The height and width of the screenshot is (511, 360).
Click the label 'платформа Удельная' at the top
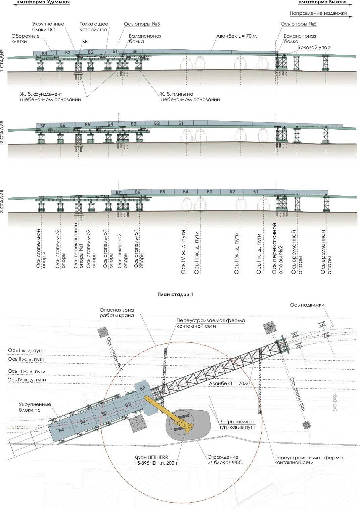tap(43, 2)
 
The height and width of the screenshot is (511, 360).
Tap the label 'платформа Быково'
tap(322, 2)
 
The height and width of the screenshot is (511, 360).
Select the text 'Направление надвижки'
tap(318, 13)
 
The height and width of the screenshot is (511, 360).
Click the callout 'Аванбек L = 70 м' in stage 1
tap(236, 36)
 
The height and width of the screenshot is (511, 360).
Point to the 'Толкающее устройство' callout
tap(94, 27)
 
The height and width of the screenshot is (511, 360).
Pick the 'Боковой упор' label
tap(314, 48)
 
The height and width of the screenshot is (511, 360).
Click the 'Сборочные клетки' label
tap(25, 39)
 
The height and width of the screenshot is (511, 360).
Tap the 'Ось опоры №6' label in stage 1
tap(298, 24)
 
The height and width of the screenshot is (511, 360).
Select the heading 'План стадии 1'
tap(175, 294)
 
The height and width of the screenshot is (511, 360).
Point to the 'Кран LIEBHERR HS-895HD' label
tap(155, 460)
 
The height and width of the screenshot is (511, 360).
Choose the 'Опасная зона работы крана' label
tap(117, 313)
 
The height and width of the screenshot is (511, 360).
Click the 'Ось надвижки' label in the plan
tap(307, 305)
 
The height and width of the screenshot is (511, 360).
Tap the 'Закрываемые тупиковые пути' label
tap(237, 424)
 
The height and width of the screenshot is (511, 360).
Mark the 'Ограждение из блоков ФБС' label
tap(224, 460)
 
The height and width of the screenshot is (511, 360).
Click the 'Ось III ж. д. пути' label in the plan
tap(26, 371)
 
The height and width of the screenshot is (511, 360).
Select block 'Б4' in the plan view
tap(61, 430)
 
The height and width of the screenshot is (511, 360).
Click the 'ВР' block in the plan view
tap(142, 388)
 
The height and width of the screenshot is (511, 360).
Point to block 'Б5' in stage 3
tap(163, 192)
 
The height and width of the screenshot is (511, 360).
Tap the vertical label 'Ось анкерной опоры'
tap(122, 250)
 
